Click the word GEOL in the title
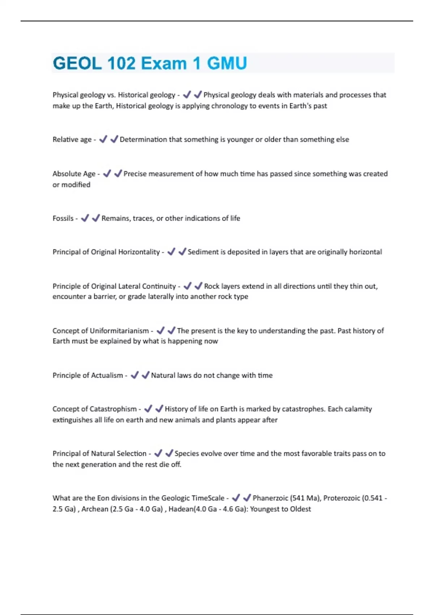pyautogui.click(x=77, y=63)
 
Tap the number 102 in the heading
pyautogui.click(x=121, y=63)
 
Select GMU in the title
pyautogui.click(x=227, y=63)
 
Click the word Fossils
pyautogui.click(x=63, y=218)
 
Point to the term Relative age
pyautogui.click(x=72, y=139)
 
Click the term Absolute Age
pyautogui.click(x=74, y=174)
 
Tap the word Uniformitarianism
pyautogui.click(x=119, y=331)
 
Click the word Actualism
pyautogui.click(x=107, y=375)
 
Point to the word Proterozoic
pyautogui.click(x=341, y=498)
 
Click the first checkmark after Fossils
pyautogui.click(x=85, y=218)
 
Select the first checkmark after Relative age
pyautogui.click(x=103, y=139)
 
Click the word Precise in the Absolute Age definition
pyautogui.click(x=135, y=174)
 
